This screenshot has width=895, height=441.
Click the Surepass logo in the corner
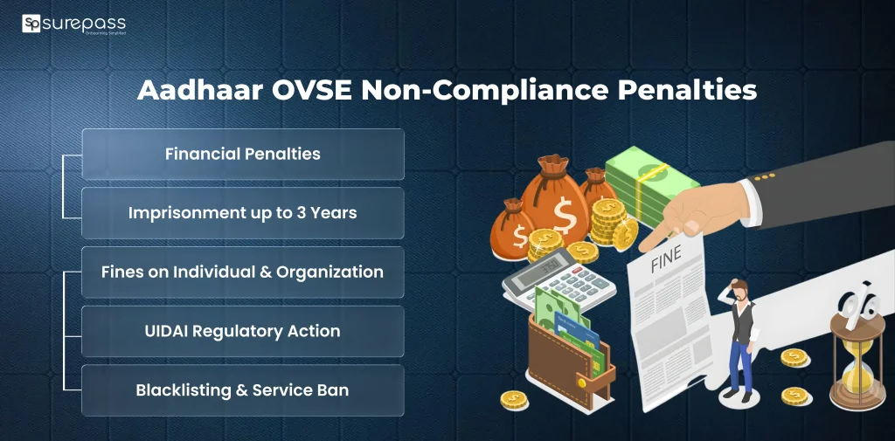pos(74,24)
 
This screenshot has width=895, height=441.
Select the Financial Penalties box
pos(243,155)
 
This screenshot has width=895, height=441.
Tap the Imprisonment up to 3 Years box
pos(243,213)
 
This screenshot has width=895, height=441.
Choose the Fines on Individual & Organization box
pos(243,272)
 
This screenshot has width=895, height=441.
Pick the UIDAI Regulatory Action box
pos(243,331)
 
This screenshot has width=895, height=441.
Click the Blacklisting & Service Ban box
pos(243,390)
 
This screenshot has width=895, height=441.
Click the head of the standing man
pos(739,291)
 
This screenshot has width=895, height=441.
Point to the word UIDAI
pos(170,331)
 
